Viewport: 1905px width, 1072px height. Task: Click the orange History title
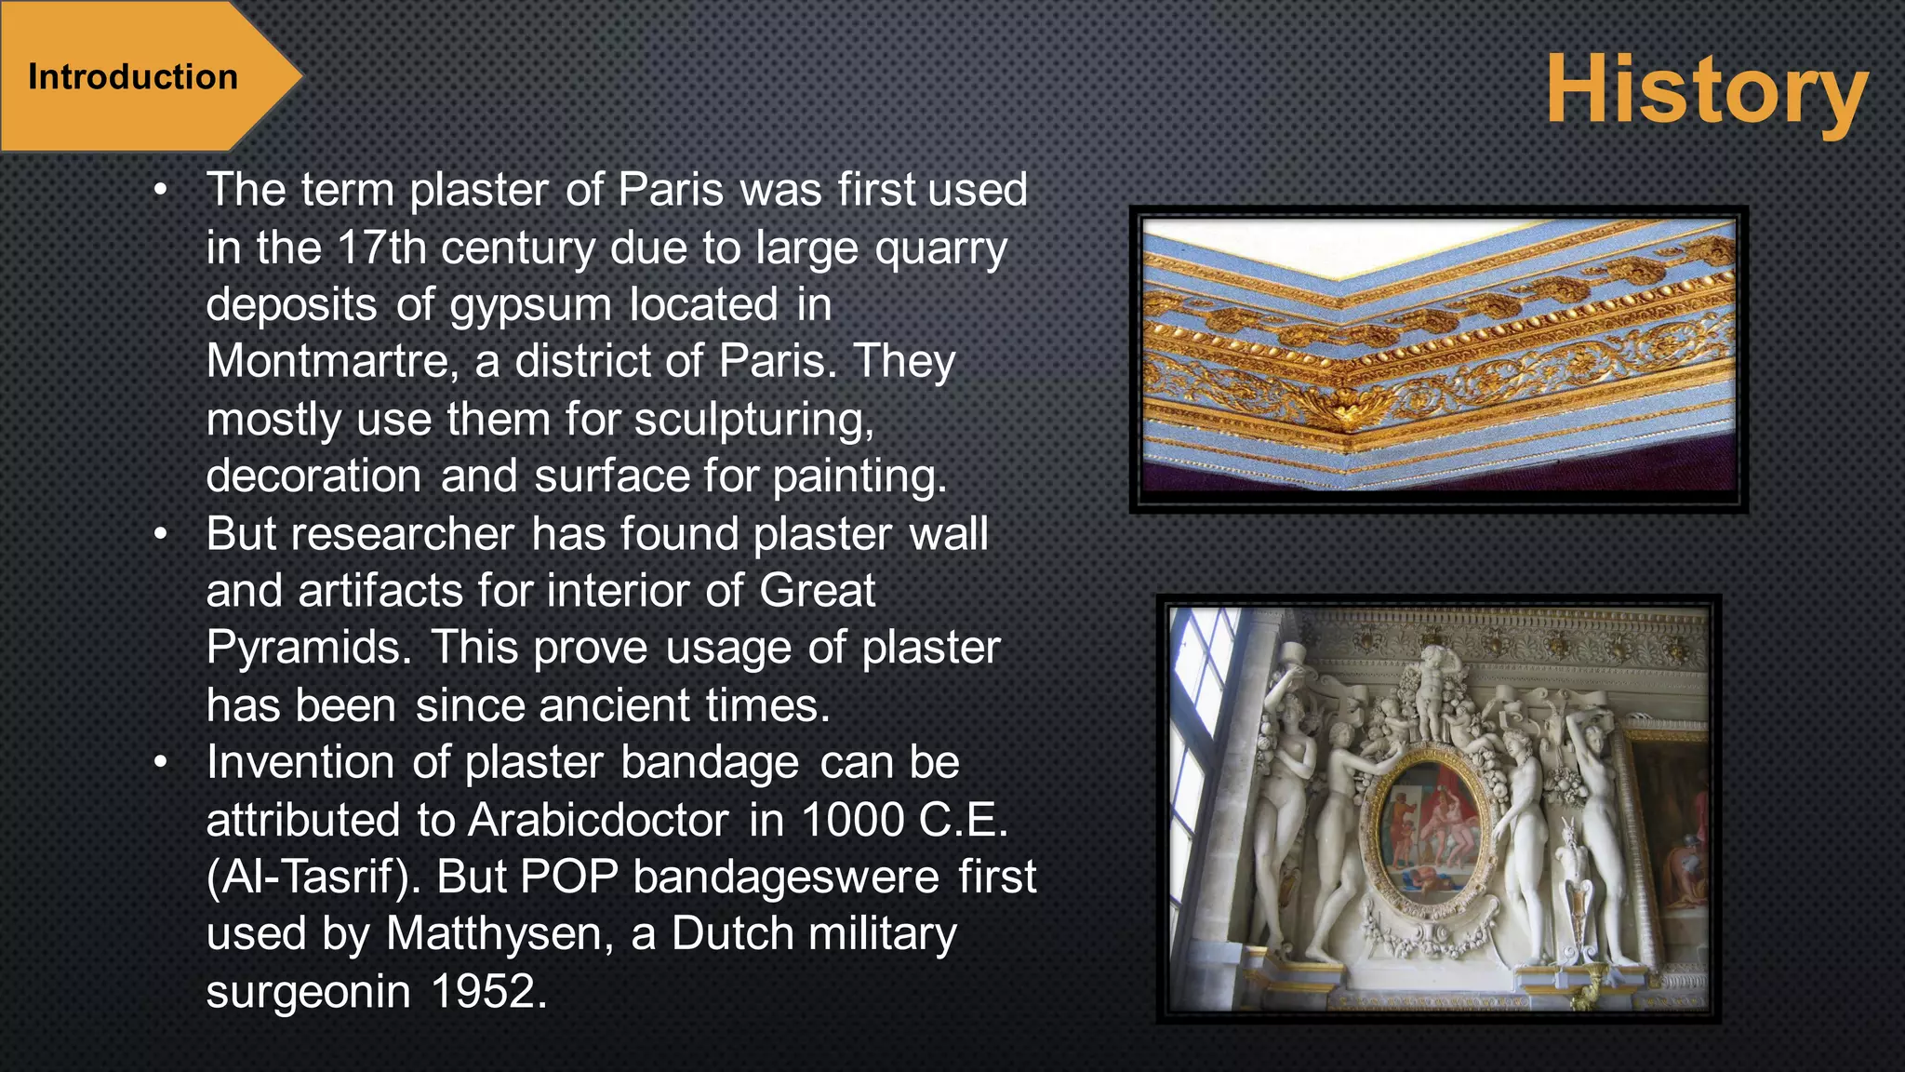click(1706, 90)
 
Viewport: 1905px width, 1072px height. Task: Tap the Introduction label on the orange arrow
click(133, 77)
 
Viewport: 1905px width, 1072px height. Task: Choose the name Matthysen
click(499, 934)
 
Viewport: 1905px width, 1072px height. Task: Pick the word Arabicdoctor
click(598, 821)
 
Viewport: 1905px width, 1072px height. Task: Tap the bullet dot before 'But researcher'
click(161, 535)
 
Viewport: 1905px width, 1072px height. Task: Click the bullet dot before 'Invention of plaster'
click(161, 763)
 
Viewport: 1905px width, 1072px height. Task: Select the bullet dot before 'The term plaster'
click(161, 191)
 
